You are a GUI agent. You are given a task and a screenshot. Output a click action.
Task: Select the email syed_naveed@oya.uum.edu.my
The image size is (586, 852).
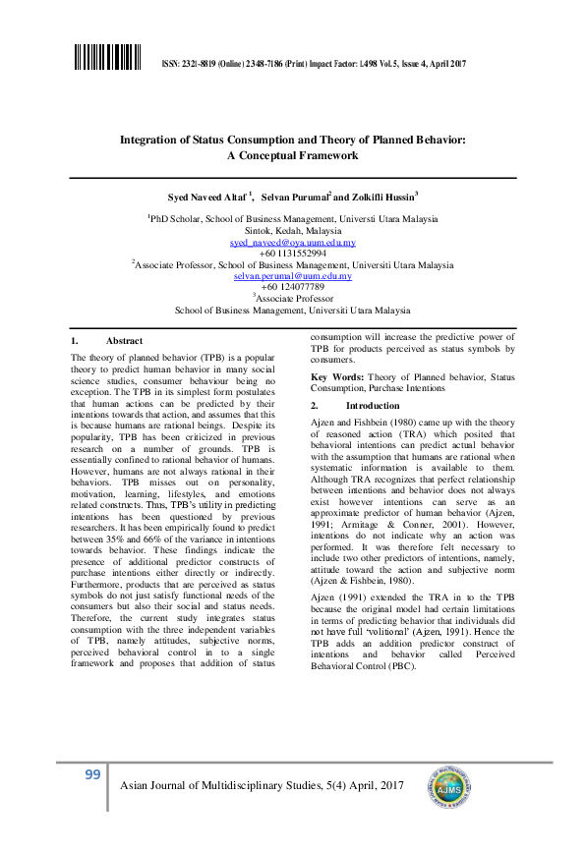point(293,242)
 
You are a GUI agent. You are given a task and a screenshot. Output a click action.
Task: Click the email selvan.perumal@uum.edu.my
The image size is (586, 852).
point(293,276)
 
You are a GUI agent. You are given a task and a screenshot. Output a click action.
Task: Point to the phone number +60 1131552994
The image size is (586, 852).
point(293,254)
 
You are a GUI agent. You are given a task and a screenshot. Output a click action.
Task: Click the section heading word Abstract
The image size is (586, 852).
point(124,340)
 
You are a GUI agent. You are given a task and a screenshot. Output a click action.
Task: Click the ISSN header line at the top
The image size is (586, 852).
point(312,64)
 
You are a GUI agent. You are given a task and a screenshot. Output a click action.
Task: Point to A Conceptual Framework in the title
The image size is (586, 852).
point(293,155)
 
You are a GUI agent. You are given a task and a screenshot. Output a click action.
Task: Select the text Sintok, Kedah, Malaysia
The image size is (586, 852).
point(293,230)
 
